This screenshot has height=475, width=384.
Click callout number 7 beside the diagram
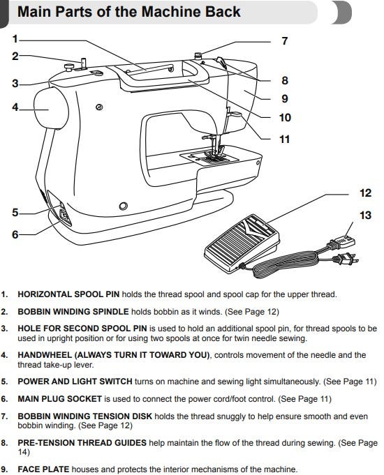(284, 41)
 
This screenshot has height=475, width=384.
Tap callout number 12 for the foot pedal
(365, 193)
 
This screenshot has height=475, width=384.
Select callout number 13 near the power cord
(365, 216)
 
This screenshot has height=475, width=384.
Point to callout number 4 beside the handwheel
(15, 107)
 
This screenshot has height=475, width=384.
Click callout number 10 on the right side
(285, 118)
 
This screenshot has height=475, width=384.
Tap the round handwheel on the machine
(51, 108)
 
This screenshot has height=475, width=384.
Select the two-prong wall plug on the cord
(346, 259)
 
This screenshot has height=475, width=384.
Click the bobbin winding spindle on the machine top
(84, 63)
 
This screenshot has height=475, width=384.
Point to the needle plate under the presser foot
(206, 158)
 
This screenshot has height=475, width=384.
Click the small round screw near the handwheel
(99, 107)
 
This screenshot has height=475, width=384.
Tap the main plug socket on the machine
(64, 215)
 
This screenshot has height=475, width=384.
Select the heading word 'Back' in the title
(223, 12)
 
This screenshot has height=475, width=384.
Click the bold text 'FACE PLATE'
(43, 469)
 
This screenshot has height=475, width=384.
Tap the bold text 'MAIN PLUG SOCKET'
(59, 399)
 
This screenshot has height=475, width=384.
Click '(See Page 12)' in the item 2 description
(252, 312)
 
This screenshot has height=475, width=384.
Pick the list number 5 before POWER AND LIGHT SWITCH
(4, 382)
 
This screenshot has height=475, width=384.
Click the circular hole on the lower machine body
(123, 206)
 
